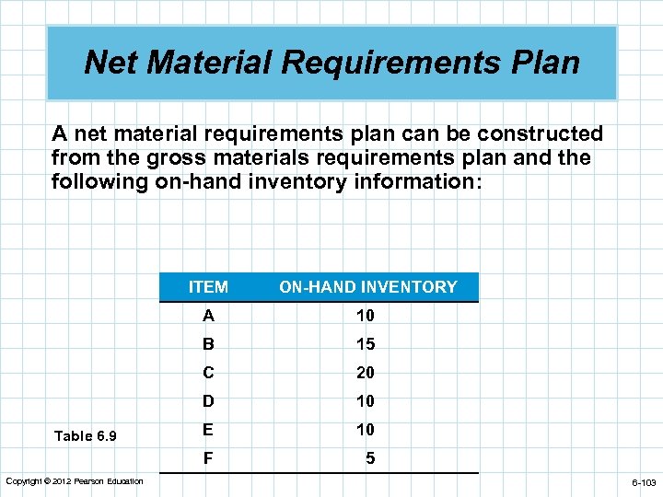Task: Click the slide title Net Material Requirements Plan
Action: [331, 63]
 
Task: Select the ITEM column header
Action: [208, 287]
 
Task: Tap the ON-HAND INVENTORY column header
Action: [367, 287]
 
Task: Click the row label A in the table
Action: [209, 316]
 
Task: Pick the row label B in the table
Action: [209, 344]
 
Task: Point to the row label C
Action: [209, 373]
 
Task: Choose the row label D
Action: [209, 401]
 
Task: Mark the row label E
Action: [209, 430]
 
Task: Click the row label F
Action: [209, 457]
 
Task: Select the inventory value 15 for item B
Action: [366, 344]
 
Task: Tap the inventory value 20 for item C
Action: [366, 373]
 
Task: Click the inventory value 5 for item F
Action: [370, 457]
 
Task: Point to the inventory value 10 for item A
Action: [366, 316]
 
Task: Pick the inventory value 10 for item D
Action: [366, 401]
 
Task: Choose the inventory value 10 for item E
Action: [366, 430]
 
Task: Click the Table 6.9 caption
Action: [86, 435]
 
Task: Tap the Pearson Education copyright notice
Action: [75, 481]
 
